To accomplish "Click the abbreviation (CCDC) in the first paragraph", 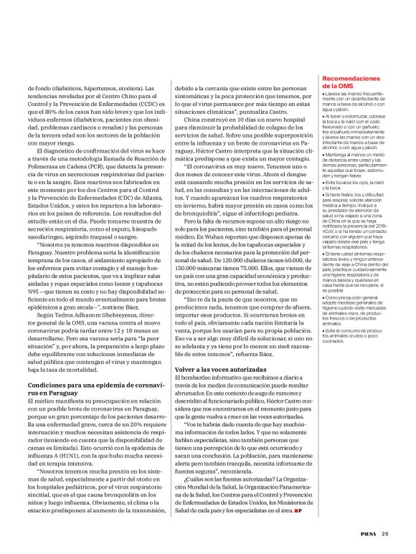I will (x=149, y=103).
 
